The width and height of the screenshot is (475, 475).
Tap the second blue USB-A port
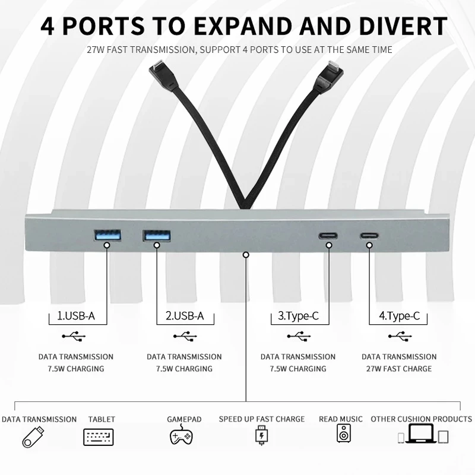pyautogui.click(x=156, y=235)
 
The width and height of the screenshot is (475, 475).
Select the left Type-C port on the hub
pyautogui.click(x=327, y=235)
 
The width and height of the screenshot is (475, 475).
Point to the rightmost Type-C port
pyautogui.click(x=369, y=235)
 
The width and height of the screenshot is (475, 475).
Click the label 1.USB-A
pyautogui.click(x=75, y=316)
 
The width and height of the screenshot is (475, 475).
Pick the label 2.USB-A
pyautogui.click(x=184, y=316)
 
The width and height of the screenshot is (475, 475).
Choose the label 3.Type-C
pyautogui.click(x=298, y=316)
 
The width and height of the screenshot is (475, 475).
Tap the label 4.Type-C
pyautogui.click(x=399, y=316)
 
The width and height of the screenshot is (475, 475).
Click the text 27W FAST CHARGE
pyautogui.click(x=399, y=369)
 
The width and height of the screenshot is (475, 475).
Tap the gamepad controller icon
pyautogui.click(x=181, y=436)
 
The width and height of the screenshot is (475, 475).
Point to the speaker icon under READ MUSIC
pyautogui.click(x=344, y=434)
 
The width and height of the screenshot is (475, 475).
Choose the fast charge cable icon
pyautogui.click(x=261, y=436)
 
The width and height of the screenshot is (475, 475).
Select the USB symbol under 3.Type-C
pyautogui.click(x=298, y=336)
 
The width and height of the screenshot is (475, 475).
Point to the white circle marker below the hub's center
pyautogui.click(x=246, y=255)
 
